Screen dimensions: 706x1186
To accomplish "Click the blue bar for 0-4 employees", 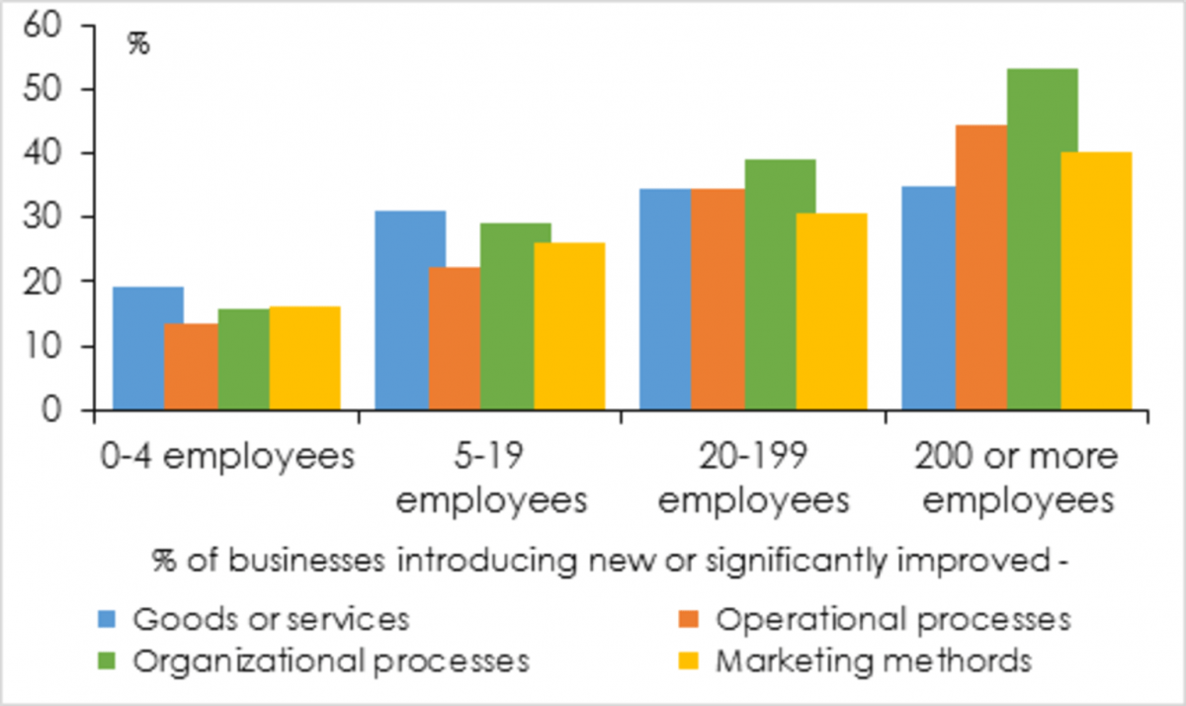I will [138, 348].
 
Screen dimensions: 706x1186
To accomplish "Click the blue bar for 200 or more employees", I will [927, 298].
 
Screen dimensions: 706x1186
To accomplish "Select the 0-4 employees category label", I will [226, 458].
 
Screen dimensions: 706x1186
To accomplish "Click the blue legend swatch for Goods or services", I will [108, 620].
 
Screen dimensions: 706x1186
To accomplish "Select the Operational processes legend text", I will [892, 620].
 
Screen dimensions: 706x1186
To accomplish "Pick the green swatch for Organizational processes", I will [108, 660].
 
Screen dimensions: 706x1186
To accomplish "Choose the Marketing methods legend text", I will [874, 660].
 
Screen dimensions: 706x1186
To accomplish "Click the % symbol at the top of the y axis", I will [138, 44].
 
